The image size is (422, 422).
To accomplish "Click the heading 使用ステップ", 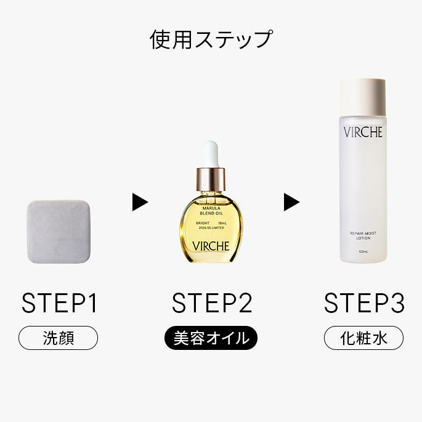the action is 211,39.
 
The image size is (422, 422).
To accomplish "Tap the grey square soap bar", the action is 59,232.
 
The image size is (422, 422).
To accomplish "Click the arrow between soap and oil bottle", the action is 140,202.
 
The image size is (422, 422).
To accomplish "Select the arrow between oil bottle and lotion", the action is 292,202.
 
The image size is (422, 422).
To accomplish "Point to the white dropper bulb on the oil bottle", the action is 211,154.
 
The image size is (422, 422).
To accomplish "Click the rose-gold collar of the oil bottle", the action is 211,179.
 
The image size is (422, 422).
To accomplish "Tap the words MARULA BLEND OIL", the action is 211,211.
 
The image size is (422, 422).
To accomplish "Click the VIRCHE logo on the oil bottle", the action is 211,246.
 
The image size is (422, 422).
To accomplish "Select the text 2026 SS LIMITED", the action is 211,228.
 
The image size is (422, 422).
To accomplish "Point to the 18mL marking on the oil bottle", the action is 222,223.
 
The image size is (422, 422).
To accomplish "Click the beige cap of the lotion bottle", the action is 363,96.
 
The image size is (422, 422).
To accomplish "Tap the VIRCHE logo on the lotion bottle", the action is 363,132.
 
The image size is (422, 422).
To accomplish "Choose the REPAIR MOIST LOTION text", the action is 363,235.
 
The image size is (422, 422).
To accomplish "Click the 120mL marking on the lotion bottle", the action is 363,251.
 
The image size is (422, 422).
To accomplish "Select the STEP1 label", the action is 59,302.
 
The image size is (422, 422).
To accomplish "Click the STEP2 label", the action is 212,302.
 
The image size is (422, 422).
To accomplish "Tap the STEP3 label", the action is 364,302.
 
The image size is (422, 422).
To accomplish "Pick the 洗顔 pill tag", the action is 58,338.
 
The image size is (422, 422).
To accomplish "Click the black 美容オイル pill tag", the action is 211,338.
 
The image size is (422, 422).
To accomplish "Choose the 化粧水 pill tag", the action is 363,338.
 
